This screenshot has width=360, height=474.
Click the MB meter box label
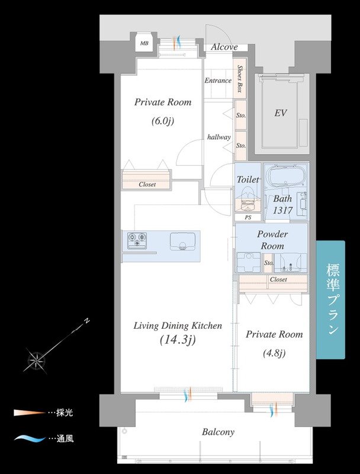[x=144, y=43]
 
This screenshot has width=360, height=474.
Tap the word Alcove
[x=224, y=47]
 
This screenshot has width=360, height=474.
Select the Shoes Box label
[x=240, y=79]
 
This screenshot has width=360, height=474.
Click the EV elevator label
[x=280, y=113]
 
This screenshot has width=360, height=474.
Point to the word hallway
[x=219, y=137]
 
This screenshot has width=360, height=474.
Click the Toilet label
[x=247, y=180]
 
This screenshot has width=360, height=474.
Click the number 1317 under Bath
[x=282, y=210]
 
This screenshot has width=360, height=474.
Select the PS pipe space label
[x=248, y=217]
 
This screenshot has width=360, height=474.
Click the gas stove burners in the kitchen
[x=137, y=241]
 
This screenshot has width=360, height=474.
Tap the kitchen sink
[x=182, y=242]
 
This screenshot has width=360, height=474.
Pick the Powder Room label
[x=272, y=240]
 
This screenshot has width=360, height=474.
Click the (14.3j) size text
[x=178, y=340]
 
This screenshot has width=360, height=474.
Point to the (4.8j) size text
[x=274, y=353]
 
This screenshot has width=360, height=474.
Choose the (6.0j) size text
[x=163, y=121]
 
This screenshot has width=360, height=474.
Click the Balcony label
[x=218, y=432]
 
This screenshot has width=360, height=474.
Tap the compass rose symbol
[x=37, y=360]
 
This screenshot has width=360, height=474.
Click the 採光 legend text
[x=65, y=413]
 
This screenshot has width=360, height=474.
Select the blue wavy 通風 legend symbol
[x=30, y=438]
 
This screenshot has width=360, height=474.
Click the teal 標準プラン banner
[x=331, y=300]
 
